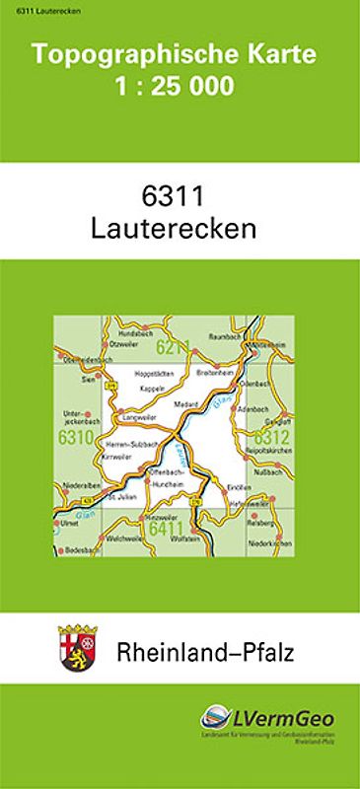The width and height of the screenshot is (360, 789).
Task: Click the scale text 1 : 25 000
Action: pyautogui.click(x=180, y=87)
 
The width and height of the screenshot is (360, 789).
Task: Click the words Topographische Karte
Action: pyautogui.click(x=180, y=56)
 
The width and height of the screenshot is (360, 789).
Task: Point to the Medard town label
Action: pyautogui.click(x=185, y=405)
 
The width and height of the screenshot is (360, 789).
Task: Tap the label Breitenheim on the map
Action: pyautogui.click(x=215, y=374)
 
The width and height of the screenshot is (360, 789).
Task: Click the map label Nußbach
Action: pyautogui.click(x=269, y=474)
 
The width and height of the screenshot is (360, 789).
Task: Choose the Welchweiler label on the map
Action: pyautogui.click(x=124, y=539)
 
